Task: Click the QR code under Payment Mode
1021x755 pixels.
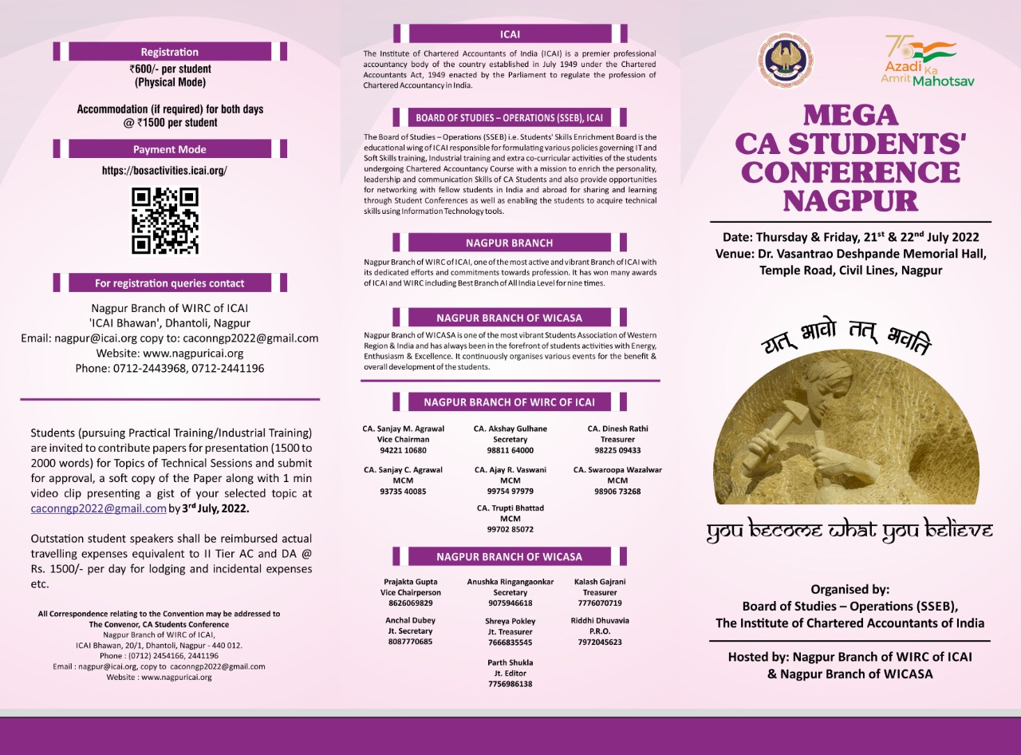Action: point(165,221)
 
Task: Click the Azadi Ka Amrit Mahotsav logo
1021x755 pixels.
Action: point(927,61)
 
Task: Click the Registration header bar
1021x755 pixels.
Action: point(169,52)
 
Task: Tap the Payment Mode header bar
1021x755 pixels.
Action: point(169,149)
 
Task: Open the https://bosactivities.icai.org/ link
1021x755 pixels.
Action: point(164,171)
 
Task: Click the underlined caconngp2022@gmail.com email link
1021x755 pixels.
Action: point(98,508)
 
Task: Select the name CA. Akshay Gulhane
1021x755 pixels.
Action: point(510,429)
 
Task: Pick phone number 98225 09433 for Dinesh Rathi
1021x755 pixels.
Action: point(617,450)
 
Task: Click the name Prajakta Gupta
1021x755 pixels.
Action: point(411,583)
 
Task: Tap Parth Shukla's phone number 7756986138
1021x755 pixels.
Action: point(510,684)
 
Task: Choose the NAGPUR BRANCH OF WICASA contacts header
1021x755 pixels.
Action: point(509,556)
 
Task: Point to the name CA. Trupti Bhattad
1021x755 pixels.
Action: point(510,508)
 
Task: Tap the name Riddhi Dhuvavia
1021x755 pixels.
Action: point(600,621)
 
